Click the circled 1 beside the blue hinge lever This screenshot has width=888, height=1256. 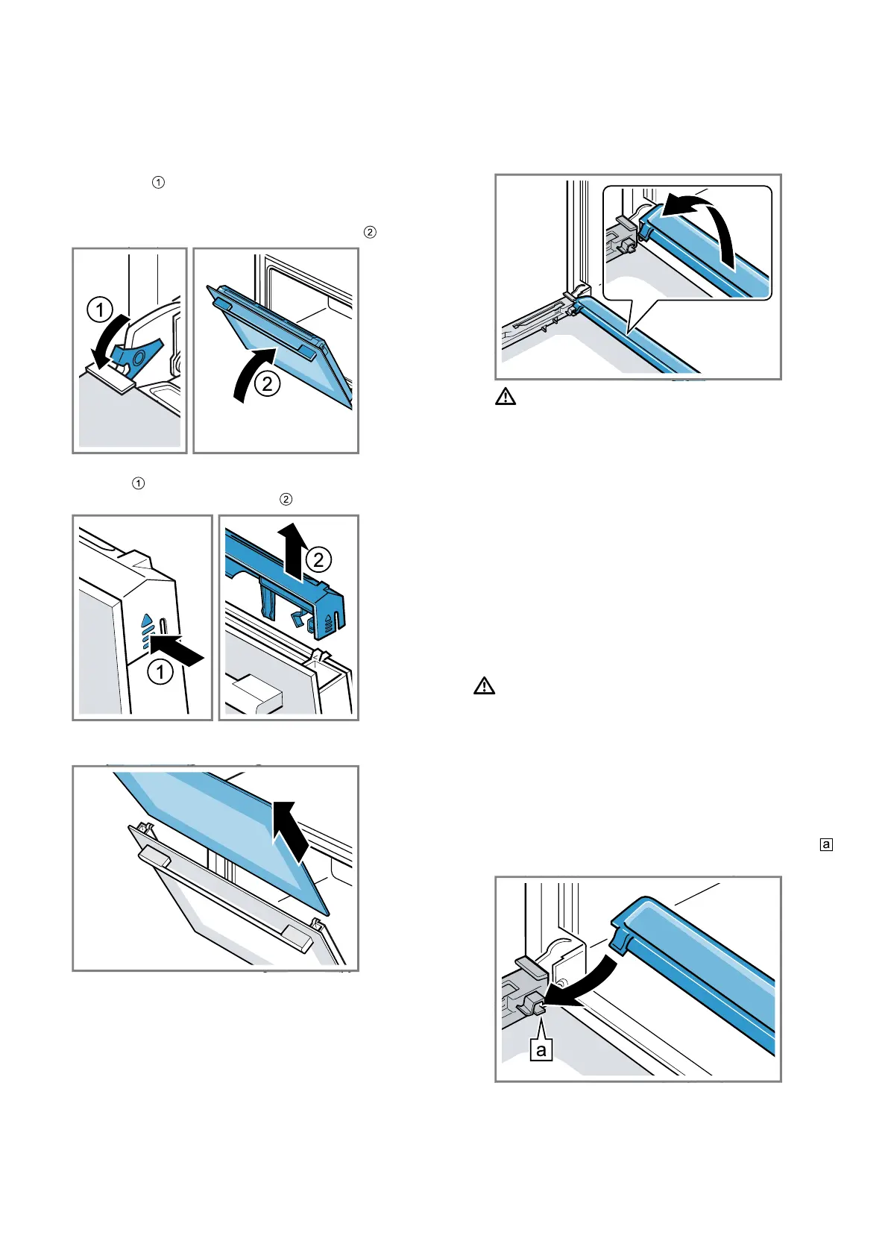(100, 309)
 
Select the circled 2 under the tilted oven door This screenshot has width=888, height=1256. (267, 384)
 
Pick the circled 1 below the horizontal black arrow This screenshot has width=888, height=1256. (160, 672)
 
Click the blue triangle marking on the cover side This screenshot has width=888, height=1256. (147, 621)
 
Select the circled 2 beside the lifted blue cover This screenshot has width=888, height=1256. (318, 559)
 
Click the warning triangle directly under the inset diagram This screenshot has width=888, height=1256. (506, 397)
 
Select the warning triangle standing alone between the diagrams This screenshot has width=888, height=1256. (485, 686)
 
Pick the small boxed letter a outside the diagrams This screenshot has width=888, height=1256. (826, 844)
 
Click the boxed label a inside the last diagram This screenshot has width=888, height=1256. (541, 1050)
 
